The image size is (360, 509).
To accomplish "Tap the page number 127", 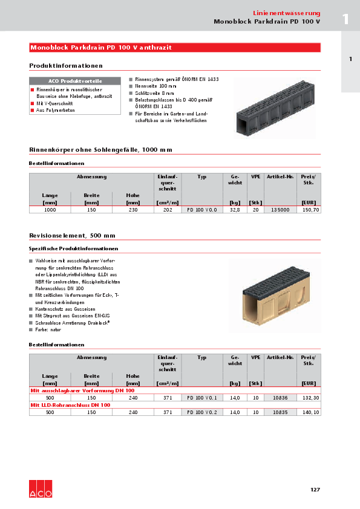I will [315, 490].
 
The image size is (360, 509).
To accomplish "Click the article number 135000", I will [280, 209].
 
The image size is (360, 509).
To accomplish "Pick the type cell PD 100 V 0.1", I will [202, 397].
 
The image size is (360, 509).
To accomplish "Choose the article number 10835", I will [280, 412].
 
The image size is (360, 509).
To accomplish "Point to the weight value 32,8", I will [235, 209].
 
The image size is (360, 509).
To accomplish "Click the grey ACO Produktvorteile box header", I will [75, 81].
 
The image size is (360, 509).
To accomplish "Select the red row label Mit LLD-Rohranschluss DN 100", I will [70, 405].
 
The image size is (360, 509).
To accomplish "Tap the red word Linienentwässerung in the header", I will [286, 13].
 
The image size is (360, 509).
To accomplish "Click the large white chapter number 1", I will [345, 19].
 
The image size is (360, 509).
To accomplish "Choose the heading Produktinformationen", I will [66, 65].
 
